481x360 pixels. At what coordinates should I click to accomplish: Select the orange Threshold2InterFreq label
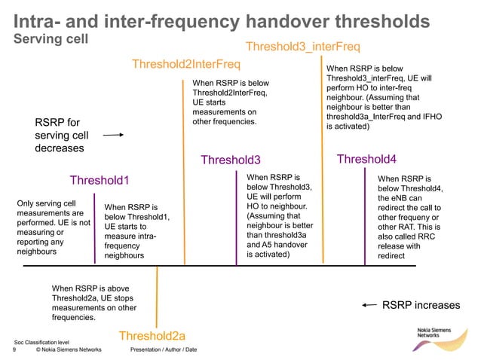point(186,65)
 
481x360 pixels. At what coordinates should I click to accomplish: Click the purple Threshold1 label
point(100,180)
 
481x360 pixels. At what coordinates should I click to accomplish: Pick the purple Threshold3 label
point(230,160)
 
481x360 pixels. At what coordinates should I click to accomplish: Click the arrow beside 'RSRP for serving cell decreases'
point(112,136)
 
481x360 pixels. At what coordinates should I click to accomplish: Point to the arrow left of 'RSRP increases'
point(369,305)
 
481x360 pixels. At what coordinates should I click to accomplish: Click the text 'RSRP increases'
point(421,305)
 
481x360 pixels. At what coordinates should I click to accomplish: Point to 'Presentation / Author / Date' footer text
point(164,350)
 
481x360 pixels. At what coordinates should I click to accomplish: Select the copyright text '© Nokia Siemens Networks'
point(69,350)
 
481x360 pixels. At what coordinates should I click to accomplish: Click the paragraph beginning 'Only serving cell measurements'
point(53,227)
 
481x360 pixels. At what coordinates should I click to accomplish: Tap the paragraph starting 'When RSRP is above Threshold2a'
point(94,303)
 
